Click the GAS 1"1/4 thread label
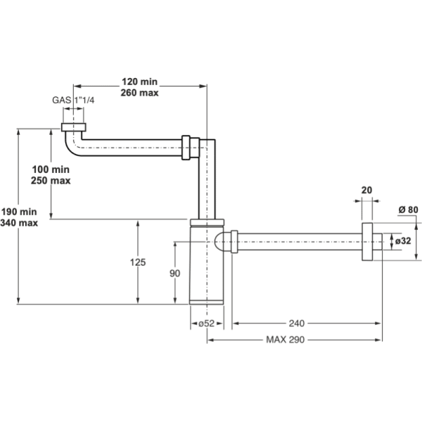(72, 100)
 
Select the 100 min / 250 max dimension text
(51, 174)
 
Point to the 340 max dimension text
(19, 222)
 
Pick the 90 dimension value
(176, 272)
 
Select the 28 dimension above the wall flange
(366, 189)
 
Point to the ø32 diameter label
(403, 241)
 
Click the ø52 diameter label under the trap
(206, 323)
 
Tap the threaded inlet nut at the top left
(73, 127)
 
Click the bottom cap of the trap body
(207, 302)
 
